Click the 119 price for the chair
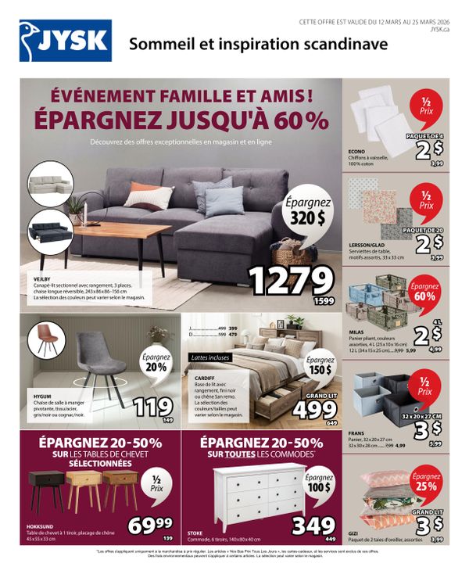pyautogui.click(x=153, y=407)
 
